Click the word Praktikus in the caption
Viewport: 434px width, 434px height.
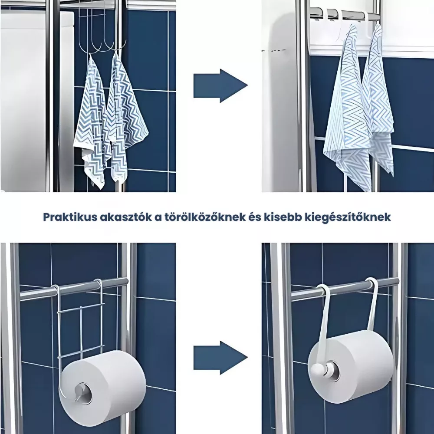[70, 217]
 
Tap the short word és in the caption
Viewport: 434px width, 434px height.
[253, 217]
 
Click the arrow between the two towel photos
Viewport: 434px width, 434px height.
[220, 86]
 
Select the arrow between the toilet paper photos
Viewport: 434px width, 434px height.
[220, 358]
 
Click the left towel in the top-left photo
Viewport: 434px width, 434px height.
[91, 122]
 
